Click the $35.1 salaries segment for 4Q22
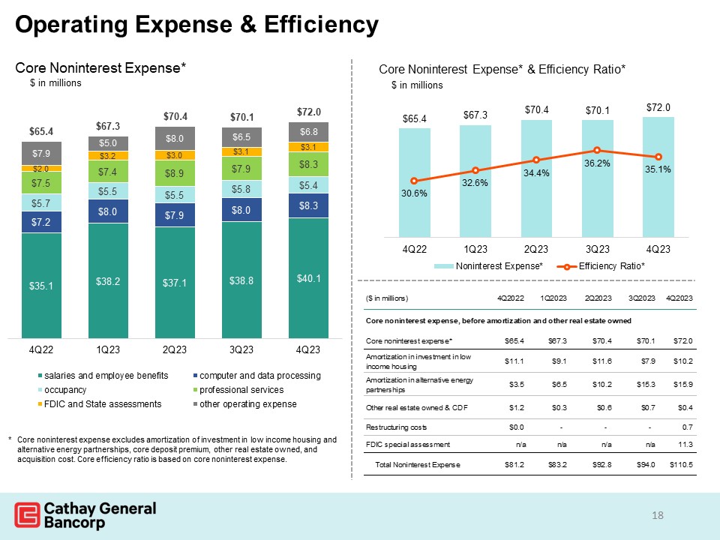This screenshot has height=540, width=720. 42,286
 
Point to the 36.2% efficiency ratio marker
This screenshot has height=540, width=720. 597,151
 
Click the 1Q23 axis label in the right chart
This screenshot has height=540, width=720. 475,248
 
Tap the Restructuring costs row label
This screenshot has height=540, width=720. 396,427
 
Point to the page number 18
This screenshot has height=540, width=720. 658,515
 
